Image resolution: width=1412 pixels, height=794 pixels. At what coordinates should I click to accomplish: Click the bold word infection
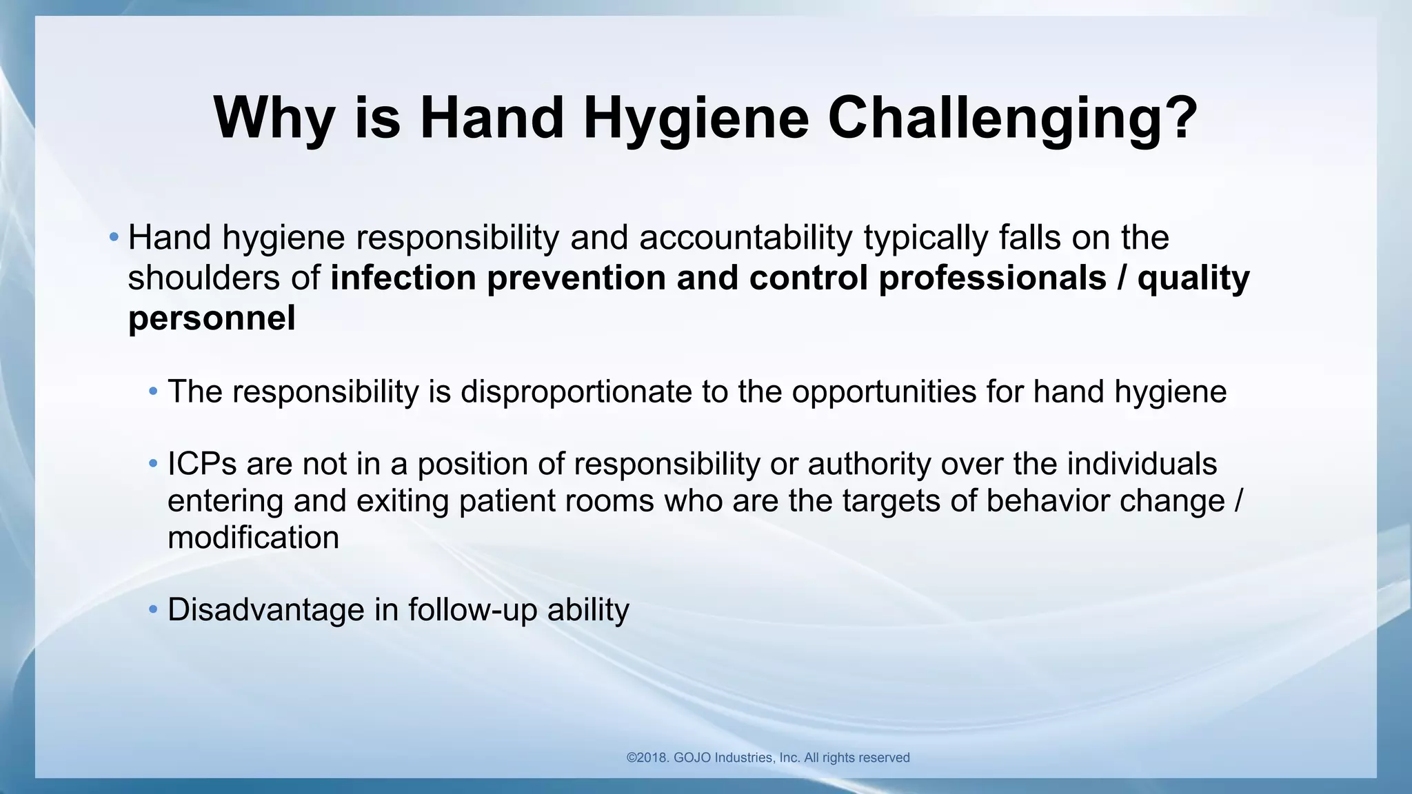pyautogui.click(x=403, y=278)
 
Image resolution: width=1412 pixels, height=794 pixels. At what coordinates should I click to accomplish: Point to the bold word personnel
pyautogui.click(x=212, y=318)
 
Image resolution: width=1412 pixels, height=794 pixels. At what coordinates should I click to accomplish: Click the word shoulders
pyautogui.click(x=203, y=278)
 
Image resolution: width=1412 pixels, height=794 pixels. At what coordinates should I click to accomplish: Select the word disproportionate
pyautogui.click(x=576, y=392)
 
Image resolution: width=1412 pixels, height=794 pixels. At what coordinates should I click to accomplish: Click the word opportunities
pyautogui.click(x=883, y=392)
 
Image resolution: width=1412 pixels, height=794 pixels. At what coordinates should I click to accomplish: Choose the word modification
pyautogui.click(x=253, y=538)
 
